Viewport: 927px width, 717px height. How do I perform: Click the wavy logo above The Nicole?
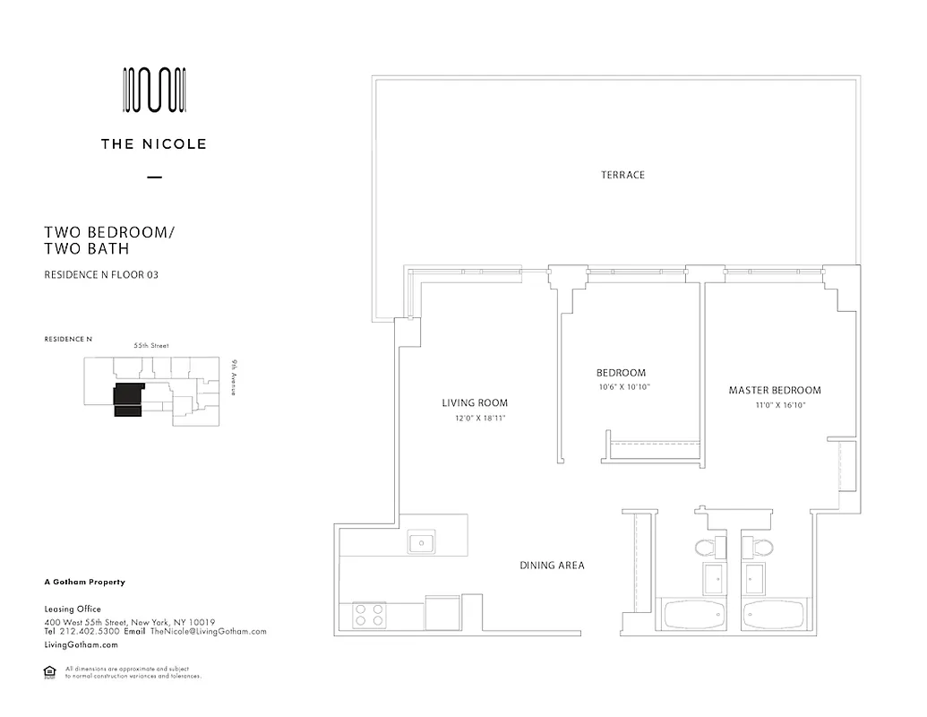pos(154,91)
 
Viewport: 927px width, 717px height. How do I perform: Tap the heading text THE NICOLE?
pos(154,143)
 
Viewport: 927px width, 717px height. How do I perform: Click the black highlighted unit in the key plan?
pos(128,400)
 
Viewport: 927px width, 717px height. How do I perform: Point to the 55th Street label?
pos(151,345)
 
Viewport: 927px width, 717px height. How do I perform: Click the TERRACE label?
pos(622,175)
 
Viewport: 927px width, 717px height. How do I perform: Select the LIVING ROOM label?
pos(475,403)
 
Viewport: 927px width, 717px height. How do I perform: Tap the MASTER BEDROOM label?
pos(775,390)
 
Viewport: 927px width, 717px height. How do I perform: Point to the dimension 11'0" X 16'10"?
pos(775,405)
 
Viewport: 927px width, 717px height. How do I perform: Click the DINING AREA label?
pos(553,566)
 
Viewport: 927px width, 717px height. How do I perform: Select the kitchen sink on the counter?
pos(421,542)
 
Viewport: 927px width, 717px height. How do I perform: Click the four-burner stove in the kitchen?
pos(369,614)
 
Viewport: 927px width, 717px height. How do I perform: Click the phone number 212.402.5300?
pos(90,631)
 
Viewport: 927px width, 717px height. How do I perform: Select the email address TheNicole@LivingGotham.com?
pos(208,631)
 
